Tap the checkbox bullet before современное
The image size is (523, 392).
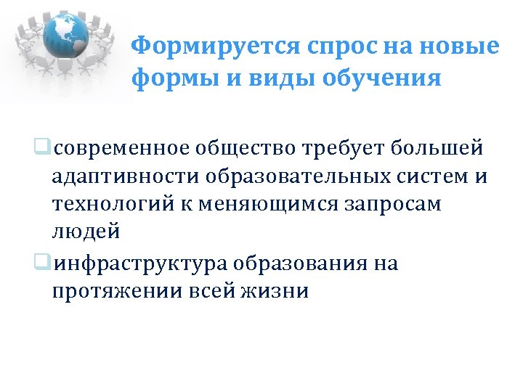point(47,148)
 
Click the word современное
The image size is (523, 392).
point(121,148)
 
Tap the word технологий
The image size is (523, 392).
point(113,205)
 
